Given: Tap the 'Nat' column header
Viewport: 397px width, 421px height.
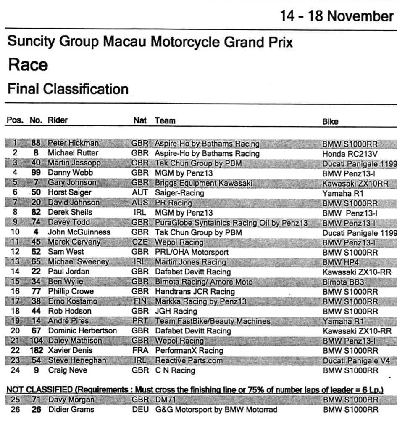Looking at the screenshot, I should tap(140, 121).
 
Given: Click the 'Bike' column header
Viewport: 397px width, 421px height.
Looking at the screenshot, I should tap(330, 121).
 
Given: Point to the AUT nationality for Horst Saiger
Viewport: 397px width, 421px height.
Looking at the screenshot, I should tap(140, 193).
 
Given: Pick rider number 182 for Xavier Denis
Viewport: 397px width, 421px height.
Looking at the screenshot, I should tap(36, 350).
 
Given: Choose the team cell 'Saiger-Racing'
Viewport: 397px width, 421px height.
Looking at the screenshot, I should tap(179, 193).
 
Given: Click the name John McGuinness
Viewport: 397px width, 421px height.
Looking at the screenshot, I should tap(79, 232).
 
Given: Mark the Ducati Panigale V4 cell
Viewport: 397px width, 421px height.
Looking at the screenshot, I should tap(356, 361).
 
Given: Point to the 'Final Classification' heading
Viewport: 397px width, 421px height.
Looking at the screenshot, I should tap(68, 89).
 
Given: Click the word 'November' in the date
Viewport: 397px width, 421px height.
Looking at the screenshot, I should tap(360, 16).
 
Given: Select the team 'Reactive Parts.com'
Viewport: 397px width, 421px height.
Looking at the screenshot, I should tap(184, 361).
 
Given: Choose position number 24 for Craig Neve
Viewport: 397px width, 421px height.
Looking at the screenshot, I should tap(15, 370).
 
